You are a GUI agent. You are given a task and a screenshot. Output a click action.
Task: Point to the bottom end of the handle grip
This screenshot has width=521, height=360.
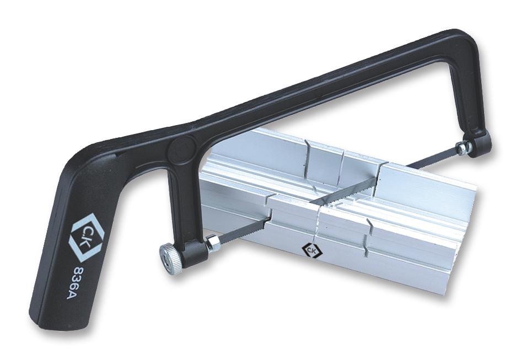[x=47, y=317]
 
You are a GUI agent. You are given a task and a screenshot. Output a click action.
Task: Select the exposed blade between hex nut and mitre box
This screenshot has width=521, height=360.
[x=243, y=230]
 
